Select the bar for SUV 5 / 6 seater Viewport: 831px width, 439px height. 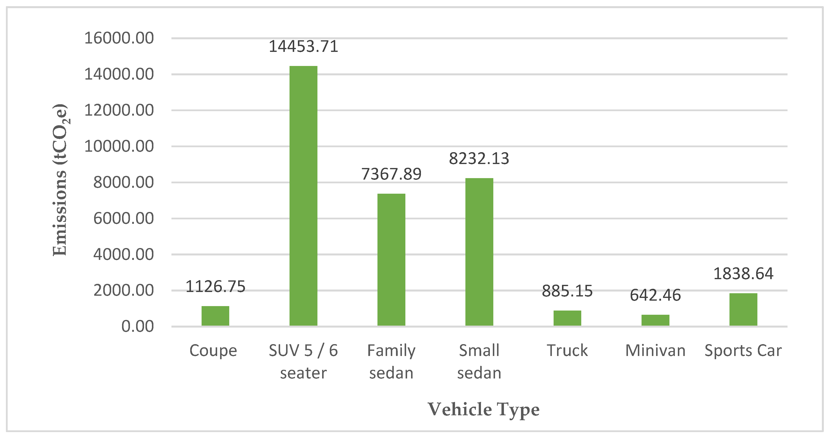[303, 196]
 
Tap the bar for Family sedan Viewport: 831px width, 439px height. [391, 260]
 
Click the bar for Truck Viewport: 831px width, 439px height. [567, 318]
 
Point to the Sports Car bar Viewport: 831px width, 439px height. [743, 309]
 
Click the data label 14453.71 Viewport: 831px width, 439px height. [303, 46]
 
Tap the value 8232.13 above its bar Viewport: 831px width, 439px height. [479, 159]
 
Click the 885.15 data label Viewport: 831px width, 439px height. [567, 291]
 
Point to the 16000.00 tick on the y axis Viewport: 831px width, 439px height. [119, 38]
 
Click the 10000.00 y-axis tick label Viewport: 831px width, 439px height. [119, 146]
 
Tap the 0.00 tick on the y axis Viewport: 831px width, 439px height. [137, 326]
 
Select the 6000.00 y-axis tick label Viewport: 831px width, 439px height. [123, 218]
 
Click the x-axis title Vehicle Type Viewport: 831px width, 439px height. [483, 410]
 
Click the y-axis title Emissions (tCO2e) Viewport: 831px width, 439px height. [60, 180]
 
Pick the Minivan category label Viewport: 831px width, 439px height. [655, 351]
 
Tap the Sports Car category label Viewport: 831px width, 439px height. [743, 351]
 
